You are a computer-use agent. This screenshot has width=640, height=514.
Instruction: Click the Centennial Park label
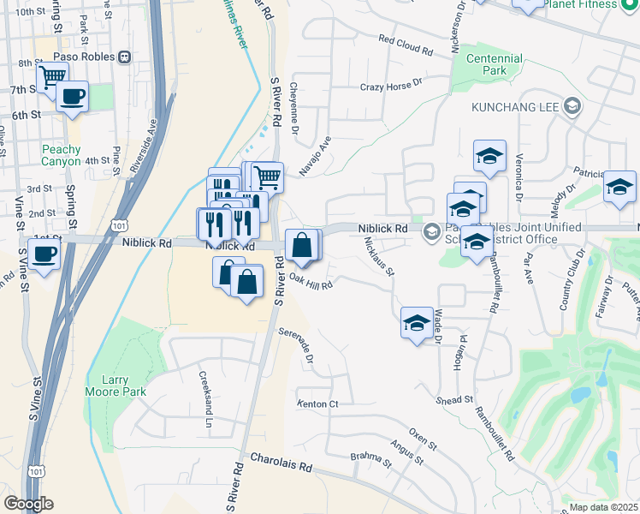[495, 65]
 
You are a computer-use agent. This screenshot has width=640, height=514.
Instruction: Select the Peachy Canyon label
[61, 155]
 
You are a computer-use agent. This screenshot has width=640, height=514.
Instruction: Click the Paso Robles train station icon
[125, 57]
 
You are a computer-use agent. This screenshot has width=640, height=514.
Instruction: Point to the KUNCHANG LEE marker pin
[573, 108]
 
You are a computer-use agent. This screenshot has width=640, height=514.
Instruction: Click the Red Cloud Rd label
[405, 45]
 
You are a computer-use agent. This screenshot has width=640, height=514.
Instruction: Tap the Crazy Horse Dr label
[392, 86]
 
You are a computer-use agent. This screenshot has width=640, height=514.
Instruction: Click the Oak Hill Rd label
[311, 278]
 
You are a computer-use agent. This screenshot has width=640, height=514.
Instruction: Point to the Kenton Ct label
[318, 403]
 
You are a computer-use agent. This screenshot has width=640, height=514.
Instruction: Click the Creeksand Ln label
[205, 398]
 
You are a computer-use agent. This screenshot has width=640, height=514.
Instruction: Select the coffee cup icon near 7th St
[73, 96]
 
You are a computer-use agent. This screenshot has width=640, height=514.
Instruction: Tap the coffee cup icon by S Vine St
[44, 253]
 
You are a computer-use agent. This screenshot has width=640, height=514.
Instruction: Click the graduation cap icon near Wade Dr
[417, 323]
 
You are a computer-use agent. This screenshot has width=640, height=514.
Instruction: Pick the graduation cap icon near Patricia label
[619, 187]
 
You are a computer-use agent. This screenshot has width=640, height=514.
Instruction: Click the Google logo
[28, 505]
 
